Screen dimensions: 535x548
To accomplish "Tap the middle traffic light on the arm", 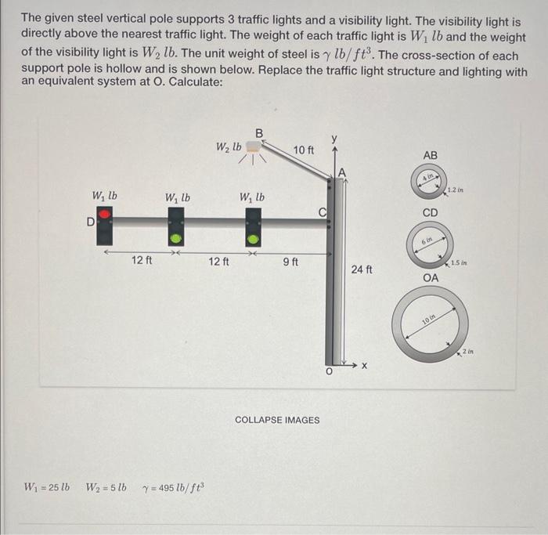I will [177, 224].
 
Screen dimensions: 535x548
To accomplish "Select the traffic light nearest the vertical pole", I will [253, 225].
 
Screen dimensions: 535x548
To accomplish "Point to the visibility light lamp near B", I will [253, 147].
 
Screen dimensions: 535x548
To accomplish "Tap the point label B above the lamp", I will [259, 131].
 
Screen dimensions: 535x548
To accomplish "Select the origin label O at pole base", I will [330, 374].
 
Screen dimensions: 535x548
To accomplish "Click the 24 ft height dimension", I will [362, 269].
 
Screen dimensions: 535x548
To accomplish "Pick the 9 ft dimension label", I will [289, 261].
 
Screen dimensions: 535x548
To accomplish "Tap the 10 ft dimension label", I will [304, 149].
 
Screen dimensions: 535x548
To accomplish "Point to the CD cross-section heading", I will [430, 212].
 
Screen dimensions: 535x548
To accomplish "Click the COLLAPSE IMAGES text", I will [277, 420].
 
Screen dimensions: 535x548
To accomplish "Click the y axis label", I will [334, 139].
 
